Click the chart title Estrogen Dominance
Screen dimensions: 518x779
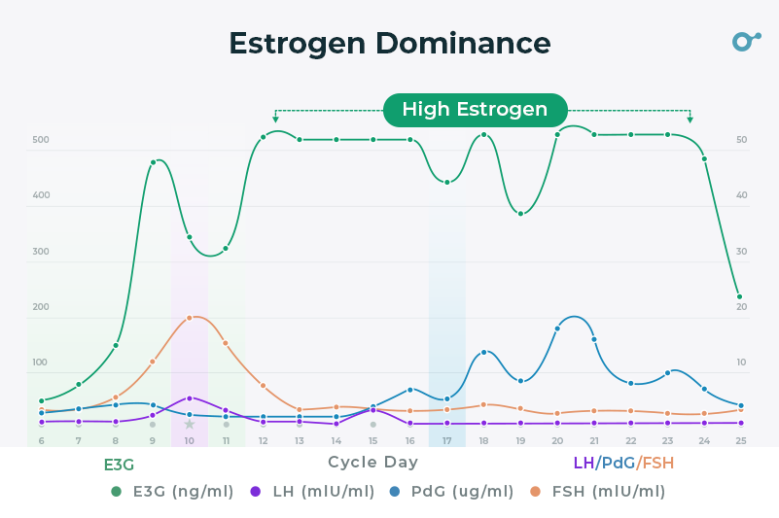[x=389, y=44]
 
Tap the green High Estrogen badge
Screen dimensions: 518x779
[x=475, y=110]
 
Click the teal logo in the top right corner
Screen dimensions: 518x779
[x=745, y=41]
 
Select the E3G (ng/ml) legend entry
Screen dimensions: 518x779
[x=173, y=491]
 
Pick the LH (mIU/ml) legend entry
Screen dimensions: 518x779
[x=312, y=491]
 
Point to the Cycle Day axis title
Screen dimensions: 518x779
[x=372, y=463]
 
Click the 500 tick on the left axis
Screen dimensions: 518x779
[x=40, y=140]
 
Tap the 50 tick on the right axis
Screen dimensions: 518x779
[x=741, y=140]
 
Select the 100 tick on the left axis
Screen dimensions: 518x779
[x=40, y=363]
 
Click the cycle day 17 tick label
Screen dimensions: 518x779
[x=446, y=440]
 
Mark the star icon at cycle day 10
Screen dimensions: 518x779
[x=190, y=425]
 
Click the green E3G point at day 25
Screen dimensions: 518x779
[x=740, y=296]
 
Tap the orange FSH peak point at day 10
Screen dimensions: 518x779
[x=190, y=318]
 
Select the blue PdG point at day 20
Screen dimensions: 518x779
[x=557, y=328]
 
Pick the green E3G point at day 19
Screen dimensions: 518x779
[x=520, y=214]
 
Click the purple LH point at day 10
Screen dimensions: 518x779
[x=190, y=397]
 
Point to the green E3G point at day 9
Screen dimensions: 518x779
[x=153, y=162]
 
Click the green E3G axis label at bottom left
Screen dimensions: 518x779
[x=119, y=465]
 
